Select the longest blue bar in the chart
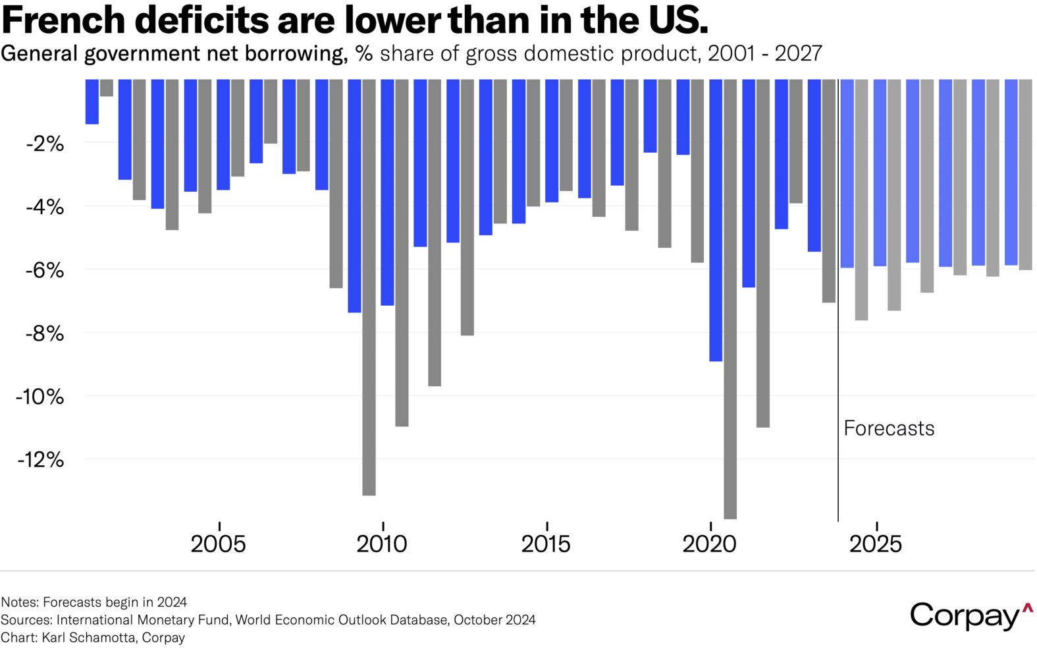pos(716,221)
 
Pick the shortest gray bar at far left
pos(106,88)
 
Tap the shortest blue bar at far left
pos(92,101)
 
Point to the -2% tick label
pos(45,144)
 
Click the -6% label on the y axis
pos(45,270)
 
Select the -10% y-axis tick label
pos(41,397)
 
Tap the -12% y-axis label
pos(41,459)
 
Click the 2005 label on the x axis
pos(218,544)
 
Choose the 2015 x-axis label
pos(546,544)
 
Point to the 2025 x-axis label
pos(875,544)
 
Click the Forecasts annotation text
pos(889,428)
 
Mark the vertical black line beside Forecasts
pos(838,329)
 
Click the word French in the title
pos(64,20)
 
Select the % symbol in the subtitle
pos(364,53)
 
